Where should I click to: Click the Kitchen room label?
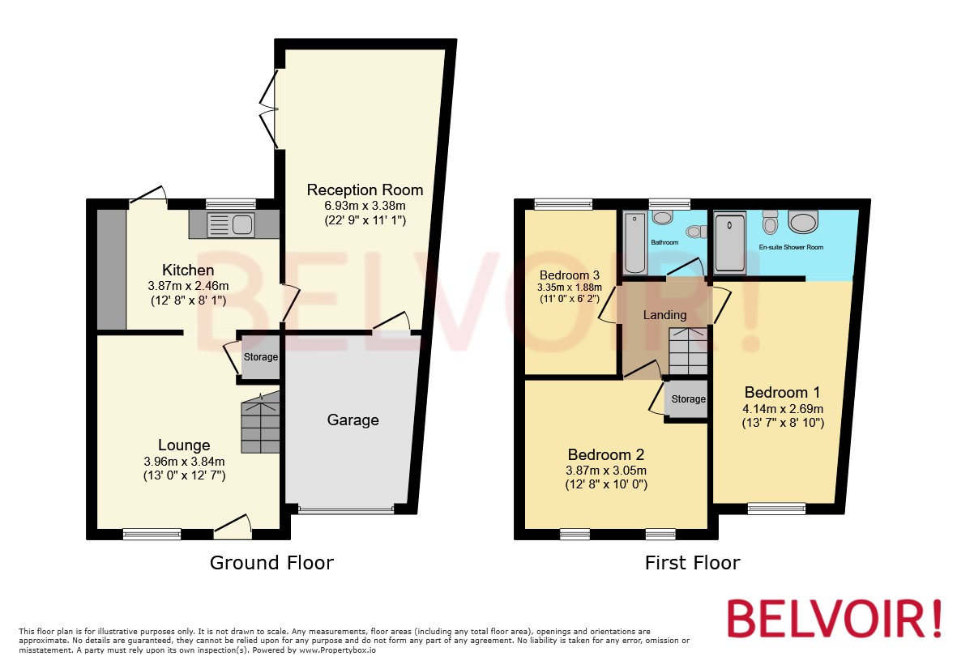(188, 270)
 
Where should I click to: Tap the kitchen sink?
(231, 224)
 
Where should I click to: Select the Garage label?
(352, 420)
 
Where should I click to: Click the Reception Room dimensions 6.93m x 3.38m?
(365, 206)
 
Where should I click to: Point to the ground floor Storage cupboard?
(260, 357)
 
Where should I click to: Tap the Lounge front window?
(152, 533)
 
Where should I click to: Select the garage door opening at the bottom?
(345, 509)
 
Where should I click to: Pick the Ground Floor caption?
(271, 562)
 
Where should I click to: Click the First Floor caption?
(692, 562)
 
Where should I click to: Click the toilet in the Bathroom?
(663, 217)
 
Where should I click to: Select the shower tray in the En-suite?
(730, 241)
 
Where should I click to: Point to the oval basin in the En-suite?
(802, 222)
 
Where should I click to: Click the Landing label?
(664, 314)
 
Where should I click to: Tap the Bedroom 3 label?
(569, 273)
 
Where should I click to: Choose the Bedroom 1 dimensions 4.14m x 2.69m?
(782, 408)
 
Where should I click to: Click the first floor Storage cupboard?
(688, 399)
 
